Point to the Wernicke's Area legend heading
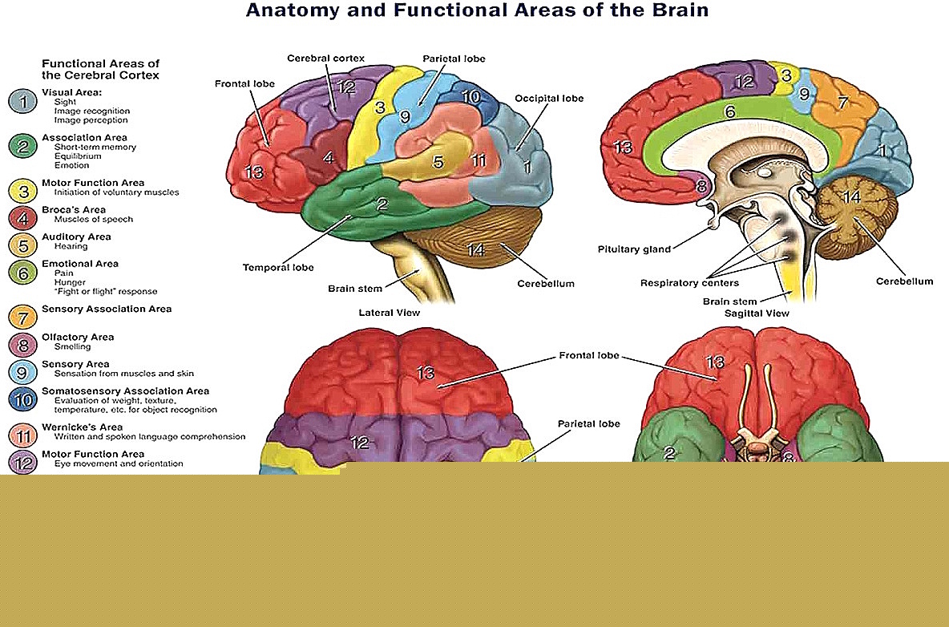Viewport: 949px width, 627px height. [82, 427]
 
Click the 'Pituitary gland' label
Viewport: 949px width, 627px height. [634, 249]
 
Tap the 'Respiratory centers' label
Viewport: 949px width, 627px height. [689, 282]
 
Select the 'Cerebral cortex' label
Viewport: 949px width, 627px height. [325, 59]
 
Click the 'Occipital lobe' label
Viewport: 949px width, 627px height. [549, 99]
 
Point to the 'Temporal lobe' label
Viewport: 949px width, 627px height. [278, 267]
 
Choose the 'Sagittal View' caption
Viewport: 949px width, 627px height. [757, 313]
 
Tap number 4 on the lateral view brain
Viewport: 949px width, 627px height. [329, 158]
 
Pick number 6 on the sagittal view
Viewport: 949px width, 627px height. [729, 113]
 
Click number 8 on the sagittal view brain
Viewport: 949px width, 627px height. [701, 187]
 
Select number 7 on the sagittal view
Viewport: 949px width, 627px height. [842, 103]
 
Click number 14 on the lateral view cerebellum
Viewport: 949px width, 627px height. [475, 250]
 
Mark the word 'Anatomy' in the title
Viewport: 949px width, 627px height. [286, 10]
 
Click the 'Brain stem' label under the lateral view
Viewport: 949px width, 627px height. [355, 288]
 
